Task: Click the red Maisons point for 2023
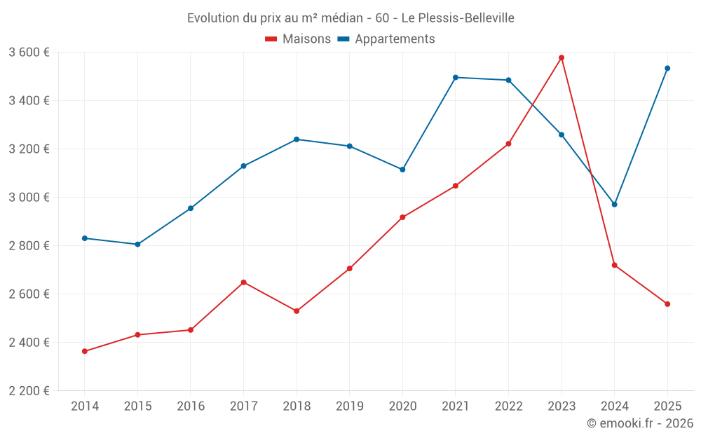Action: click(x=562, y=57)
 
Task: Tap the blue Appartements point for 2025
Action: click(x=667, y=68)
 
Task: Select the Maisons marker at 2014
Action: click(x=85, y=351)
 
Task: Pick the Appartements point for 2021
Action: click(x=456, y=77)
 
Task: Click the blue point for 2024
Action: click(x=615, y=205)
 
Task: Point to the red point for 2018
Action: click(x=297, y=311)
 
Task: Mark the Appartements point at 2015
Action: click(x=137, y=245)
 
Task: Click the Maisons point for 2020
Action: click(x=402, y=217)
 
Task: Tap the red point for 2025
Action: click(x=667, y=304)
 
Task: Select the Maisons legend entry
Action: click(x=298, y=39)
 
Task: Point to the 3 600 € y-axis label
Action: click(x=29, y=53)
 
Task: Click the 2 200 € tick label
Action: click(x=29, y=391)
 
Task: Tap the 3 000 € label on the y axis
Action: click(x=29, y=198)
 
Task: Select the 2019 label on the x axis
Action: click(x=349, y=406)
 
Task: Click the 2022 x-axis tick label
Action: click(x=508, y=406)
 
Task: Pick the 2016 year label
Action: click(x=191, y=406)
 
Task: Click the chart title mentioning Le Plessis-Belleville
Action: click(x=350, y=18)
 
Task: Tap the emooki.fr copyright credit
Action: click(x=639, y=423)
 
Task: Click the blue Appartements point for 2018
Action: click(x=297, y=139)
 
